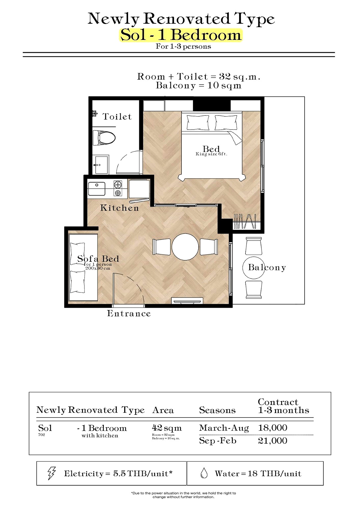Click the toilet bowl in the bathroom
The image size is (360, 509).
tap(104, 138)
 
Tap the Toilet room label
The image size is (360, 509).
tap(117, 117)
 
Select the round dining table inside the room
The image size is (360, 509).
tap(185, 247)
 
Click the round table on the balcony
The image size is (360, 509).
tap(253, 268)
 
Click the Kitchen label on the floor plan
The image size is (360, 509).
tap(119, 208)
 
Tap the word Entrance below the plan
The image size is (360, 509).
tap(129, 313)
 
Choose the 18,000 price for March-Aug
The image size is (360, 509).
tap(272, 428)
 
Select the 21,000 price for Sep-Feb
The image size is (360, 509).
tap(272, 441)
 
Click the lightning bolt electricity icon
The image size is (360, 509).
tap(52, 473)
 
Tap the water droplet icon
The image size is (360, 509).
tap(204, 473)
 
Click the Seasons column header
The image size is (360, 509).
tap(217, 410)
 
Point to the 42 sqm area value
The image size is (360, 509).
tap(167, 428)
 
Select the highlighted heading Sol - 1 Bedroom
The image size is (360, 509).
tap(181, 35)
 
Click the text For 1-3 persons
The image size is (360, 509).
tap(183, 46)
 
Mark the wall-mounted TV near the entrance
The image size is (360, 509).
tap(187, 301)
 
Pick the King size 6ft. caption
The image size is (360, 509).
tap(211, 154)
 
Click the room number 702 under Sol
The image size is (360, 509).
tap(41, 435)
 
